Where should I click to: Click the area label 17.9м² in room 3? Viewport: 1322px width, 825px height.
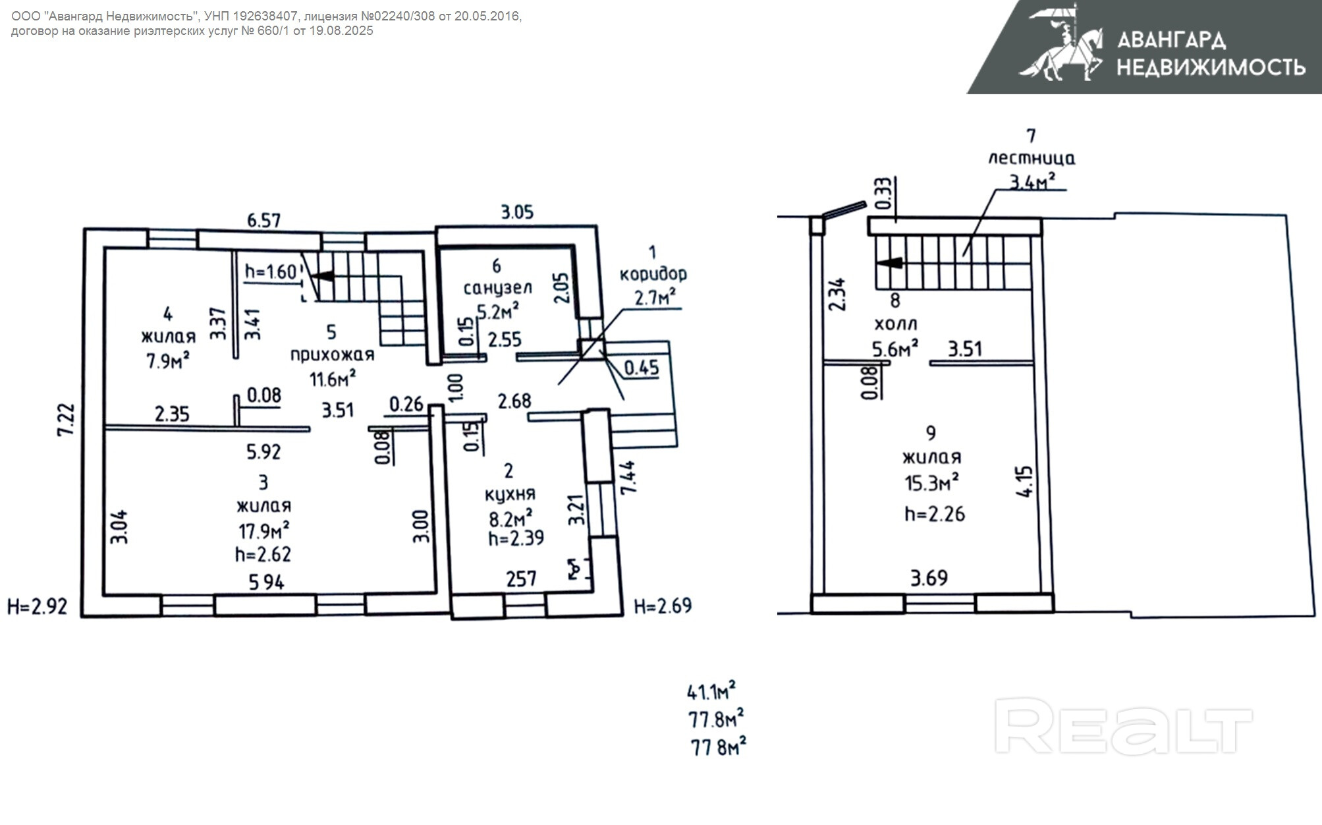(x=263, y=530)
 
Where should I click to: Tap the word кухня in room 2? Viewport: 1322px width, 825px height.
(x=510, y=494)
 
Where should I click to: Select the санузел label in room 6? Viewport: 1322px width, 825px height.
(x=497, y=288)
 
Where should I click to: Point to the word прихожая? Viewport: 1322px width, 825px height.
(x=332, y=355)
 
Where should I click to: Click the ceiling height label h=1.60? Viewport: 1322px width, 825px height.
(x=271, y=271)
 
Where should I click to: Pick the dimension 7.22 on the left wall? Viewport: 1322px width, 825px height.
(x=66, y=420)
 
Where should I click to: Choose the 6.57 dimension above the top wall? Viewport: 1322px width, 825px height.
(x=264, y=220)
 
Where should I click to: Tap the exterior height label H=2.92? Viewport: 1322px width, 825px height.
(x=37, y=606)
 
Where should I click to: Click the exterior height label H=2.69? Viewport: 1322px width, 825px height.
(x=663, y=606)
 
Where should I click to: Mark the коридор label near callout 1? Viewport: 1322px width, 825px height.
(x=653, y=274)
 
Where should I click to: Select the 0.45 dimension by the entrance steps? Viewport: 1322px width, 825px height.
(x=641, y=368)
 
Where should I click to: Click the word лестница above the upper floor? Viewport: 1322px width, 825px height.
(x=1032, y=158)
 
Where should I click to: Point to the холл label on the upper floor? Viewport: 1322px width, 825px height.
(x=896, y=324)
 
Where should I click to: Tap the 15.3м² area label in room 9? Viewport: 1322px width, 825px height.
(x=931, y=483)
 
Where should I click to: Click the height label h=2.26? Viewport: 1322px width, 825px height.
(x=935, y=513)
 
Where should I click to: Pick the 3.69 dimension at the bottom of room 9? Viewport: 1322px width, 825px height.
(x=929, y=578)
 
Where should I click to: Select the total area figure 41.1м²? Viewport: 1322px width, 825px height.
(x=711, y=691)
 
